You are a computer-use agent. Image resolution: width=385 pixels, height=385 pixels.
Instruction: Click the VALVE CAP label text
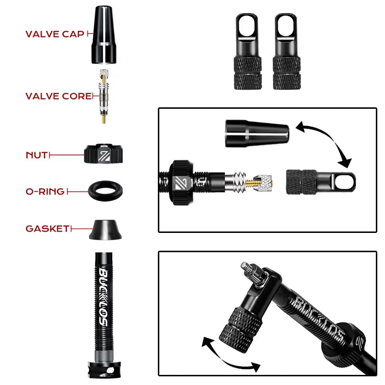(54, 34)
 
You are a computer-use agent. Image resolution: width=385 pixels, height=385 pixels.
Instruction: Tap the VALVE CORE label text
(58, 96)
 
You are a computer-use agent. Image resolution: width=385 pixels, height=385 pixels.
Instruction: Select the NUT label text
(37, 155)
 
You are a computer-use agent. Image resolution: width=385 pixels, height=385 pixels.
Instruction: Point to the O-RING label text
(45, 192)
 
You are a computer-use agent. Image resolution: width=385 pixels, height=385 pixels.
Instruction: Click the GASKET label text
(47, 229)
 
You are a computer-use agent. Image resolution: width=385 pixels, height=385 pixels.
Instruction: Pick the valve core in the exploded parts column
(103, 96)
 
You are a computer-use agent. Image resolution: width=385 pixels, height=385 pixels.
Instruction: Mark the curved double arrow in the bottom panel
(230, 355)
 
